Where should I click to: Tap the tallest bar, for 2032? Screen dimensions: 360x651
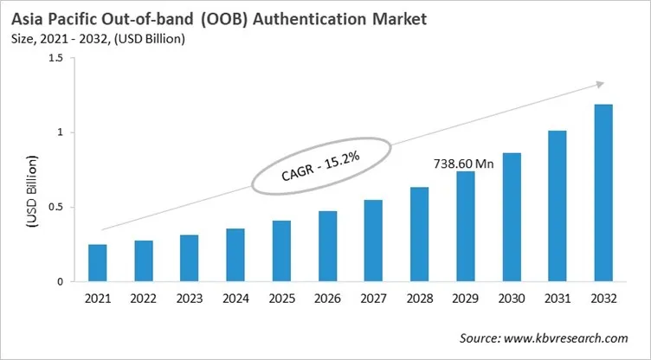click(603, 193)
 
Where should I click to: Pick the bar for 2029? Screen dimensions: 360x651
click(465, 227)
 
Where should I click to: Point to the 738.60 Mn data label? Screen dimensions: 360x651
click(463, 163)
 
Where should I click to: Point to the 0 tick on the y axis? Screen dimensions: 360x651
click(60, 282)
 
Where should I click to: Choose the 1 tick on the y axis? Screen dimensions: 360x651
click(60, 132)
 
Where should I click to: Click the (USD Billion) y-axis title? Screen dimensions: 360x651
click(31, 192)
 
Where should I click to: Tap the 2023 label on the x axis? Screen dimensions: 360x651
click(190, 299)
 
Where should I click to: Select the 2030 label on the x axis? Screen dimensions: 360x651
click(511, 299)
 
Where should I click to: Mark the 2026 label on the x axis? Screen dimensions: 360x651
click(327, 299)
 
